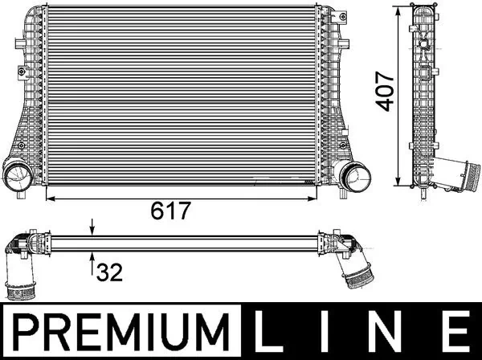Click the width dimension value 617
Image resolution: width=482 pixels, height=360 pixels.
point(170,211)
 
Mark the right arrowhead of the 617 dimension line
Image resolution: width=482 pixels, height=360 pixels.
point(317,196)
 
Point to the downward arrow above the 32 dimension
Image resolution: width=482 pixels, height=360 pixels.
point(93,228)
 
